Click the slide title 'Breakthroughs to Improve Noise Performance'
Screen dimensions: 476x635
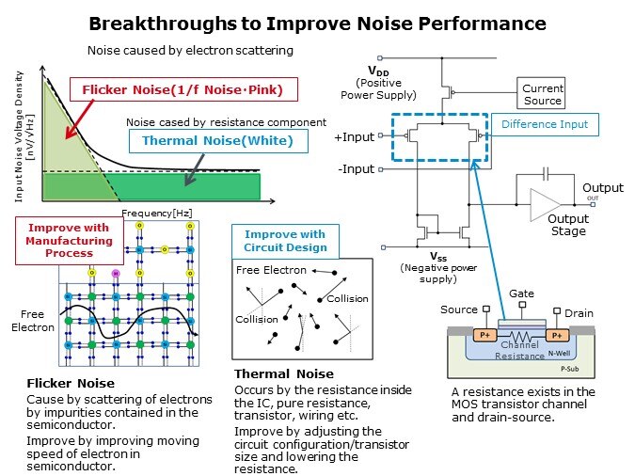pyautogui.click(x=317, y=23)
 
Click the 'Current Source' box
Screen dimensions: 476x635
pyautogui.click(x=542, y=95)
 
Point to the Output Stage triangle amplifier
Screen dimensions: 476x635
pyautogui.click(x=547, y=203)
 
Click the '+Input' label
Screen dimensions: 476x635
pyautogui.click(x=354, y=136)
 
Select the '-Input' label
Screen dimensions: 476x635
pyautogui.click(x=355, y=169)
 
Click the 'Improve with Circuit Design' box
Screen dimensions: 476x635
pyautogui.click(x=285, y=241)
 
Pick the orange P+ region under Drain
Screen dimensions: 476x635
pyautogui.click(x=556, y=334)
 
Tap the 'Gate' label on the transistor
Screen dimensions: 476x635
pyautogui.click(x=522, y=294)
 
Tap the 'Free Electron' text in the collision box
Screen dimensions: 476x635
pyautogui.click(x=271, y=271)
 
